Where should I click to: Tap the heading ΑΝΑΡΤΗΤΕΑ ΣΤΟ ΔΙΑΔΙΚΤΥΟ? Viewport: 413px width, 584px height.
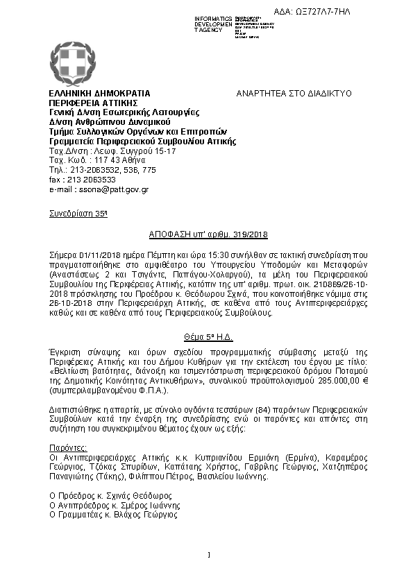click(x=294, y=93)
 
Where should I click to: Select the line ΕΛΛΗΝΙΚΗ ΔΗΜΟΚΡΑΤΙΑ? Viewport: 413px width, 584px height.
click(x=99, y=93)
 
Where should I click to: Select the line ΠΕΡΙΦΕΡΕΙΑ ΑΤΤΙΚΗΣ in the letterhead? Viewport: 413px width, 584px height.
click(x=90, y=103)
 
